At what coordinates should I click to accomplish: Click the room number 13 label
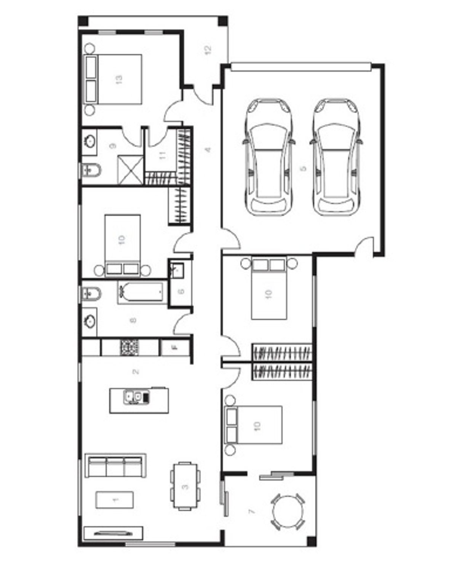pos(119,79)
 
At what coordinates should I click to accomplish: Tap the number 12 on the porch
pos(208,49)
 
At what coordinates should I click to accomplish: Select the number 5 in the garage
pos(303,168)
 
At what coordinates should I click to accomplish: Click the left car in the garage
pos(269,157)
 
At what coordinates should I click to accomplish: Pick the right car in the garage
pos(336,157)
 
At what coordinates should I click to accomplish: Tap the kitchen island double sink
pos(136,397)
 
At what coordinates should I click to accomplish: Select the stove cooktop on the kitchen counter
pos(129,347)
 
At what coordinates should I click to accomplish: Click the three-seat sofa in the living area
pos(116,465)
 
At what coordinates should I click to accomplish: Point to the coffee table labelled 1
pos(115,500)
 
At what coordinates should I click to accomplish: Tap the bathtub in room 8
pos(142,292)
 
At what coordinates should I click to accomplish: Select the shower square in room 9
pos(131,170)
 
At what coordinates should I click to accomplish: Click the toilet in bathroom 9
pos(91,170)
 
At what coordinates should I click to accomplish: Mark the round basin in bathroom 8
pos(89,321)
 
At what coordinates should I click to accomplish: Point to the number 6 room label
pos(181,291)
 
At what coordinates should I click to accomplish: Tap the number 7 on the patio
pos(251,511)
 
